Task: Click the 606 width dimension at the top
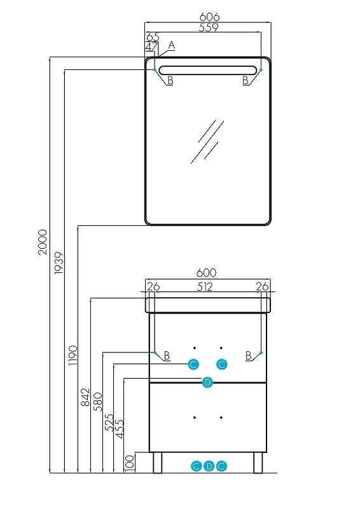tap(209, 17)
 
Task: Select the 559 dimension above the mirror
tap(209, 27)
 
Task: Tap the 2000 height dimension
tap(43, 242)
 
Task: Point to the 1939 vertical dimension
tap(59, 263)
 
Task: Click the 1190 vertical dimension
tap(73, 356)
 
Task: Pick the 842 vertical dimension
tap(85, 397)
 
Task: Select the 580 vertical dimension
tap(98, 401)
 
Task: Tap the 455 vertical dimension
tap(120, 429)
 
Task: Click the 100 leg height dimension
tap(130, 463)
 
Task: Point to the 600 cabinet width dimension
tap(206, 273)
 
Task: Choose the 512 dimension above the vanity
tap(205, 287)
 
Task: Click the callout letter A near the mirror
tap(172, 45)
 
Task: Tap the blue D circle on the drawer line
tap(207, 382)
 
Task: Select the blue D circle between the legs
tap(209, 466)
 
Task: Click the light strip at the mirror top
tap(207, 70)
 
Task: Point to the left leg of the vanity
tap(158, 463)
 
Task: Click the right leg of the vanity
tap(258, 463)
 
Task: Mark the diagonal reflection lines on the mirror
tap(207, 141)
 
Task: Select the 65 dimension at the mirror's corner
tap(153, 36)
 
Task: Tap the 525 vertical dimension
tap(109, 422)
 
